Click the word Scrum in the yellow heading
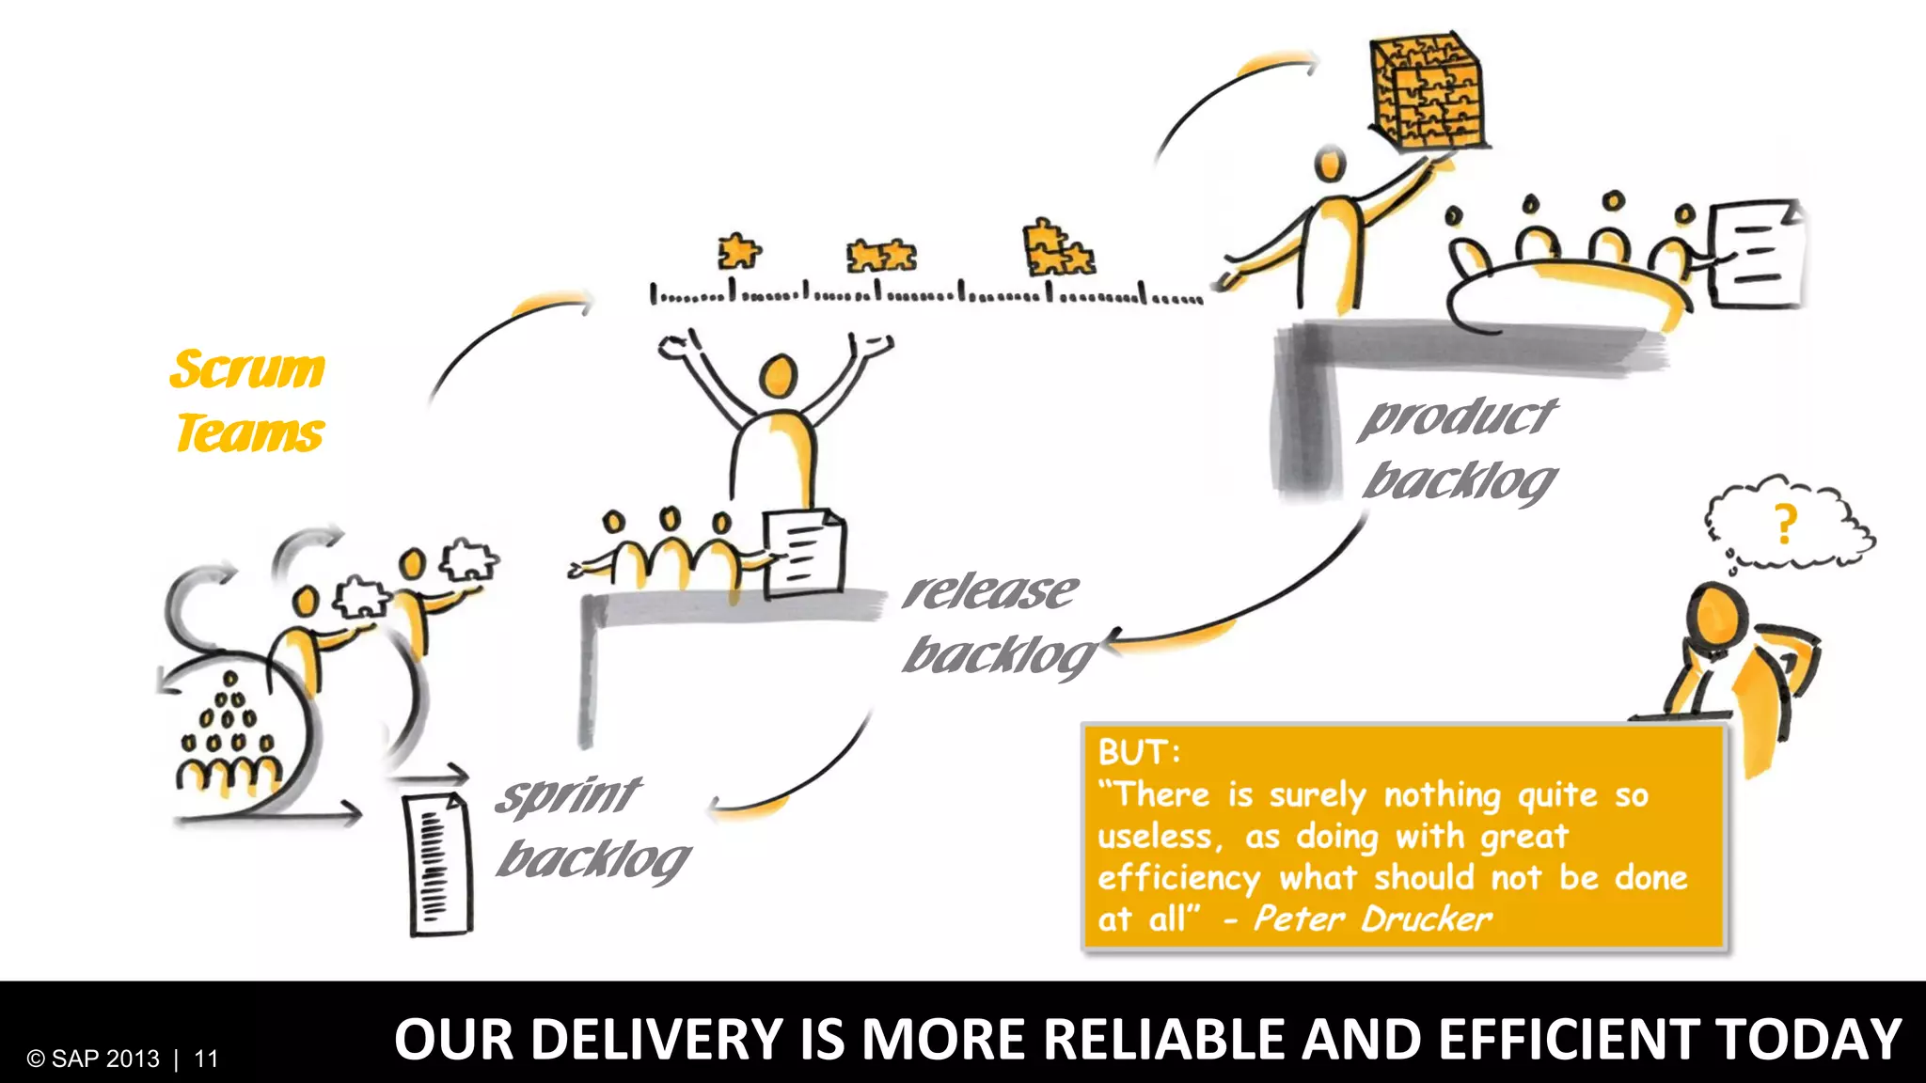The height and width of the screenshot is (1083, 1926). click(x=247, y=369)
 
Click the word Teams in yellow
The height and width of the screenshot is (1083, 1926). click(x=250, y=433)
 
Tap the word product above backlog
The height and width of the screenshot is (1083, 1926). click(x=1459, y=416)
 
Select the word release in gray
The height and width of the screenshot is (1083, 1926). click(x=989, y=592)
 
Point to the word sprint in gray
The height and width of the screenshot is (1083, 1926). click(x=569, y=796)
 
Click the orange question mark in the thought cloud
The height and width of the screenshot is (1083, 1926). click(x=1784, y=525)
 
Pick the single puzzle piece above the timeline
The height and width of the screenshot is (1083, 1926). click(x=739, y=252)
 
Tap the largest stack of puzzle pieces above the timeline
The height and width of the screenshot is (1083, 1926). click(x=1057, y=249)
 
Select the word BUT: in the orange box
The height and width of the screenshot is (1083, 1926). click(x=1139, y=752)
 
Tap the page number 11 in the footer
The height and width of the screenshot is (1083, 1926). click(x=206, y=1059)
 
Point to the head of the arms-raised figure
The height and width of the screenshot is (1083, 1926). click(x=778, y=376)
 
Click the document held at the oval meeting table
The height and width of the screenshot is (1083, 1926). click(x=1754, y=254)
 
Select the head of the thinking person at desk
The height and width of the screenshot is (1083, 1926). click(x=1717, y=616)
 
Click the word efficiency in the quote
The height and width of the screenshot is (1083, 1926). click(x=1178, y=878)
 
